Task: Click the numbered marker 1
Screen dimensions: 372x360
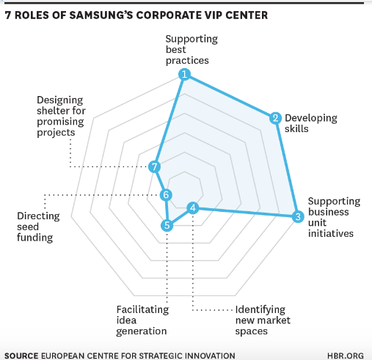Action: click(x=184, y=74)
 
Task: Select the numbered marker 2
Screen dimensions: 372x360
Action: click(x=275, y=118)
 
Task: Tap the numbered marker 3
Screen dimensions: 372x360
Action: click(x=298, y=216)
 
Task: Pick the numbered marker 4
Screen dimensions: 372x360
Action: click(x=193, y=208)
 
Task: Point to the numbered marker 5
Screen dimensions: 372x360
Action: click(x=167, y=225)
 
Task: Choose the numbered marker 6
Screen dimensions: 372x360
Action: click(x=166, y=195)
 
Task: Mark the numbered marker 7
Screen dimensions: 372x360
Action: click(x=154, y=167)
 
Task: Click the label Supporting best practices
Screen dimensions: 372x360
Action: click(x=192, y=50)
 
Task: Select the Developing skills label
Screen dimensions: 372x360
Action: click(x=311, y=123)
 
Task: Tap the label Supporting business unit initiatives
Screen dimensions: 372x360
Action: click(x=334, y=217)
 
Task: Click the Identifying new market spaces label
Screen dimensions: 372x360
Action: click(x=263, y=320)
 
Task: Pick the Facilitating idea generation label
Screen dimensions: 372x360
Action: click(x=142, y=320)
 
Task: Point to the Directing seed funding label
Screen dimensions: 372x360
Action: click(x=38, y=227)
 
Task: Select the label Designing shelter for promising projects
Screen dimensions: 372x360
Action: click(x=61, y=116)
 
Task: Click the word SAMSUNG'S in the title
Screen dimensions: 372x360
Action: click(x=101, y=15)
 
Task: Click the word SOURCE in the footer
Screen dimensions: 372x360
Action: click(x=21, y=356)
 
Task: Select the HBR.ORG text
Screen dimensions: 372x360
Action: click(x=346, y=356)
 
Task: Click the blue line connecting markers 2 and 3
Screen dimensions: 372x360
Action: click(x=287, y=167)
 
